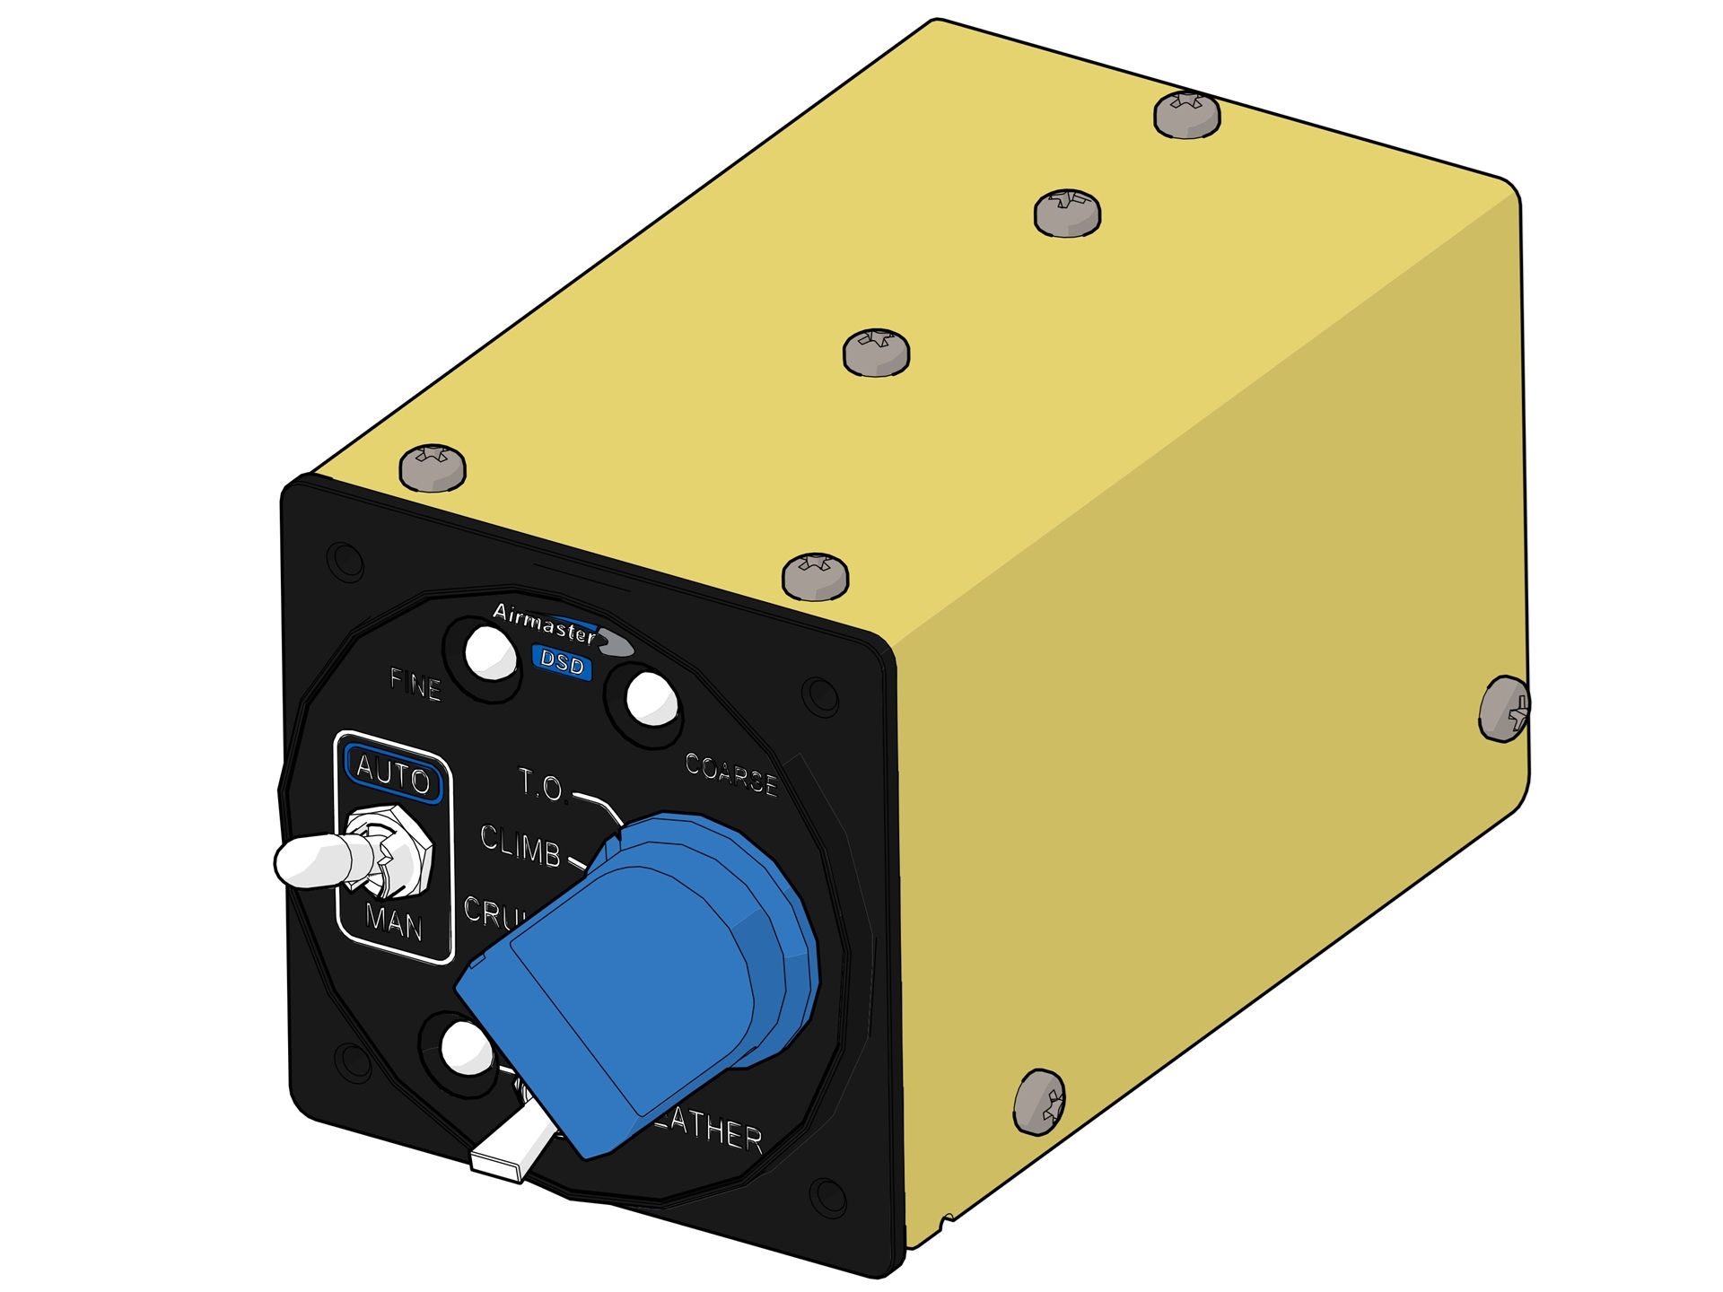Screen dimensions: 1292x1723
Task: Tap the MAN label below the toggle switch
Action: [x=395, y=921]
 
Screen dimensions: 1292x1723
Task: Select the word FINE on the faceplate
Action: [x=415, y=686]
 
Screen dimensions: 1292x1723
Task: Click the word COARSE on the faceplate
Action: [x=731, y=774]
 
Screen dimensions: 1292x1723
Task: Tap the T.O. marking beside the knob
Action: [x=541, y=786]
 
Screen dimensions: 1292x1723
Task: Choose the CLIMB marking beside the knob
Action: [x=520, y=846]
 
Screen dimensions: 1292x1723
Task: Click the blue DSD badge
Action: [x=562, y=664]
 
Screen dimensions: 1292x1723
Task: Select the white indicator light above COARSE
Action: [x=651, y=699]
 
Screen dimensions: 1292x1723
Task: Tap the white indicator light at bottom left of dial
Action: [x=468, y=1047]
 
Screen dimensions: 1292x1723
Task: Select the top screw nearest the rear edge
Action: [x=1186, y=115]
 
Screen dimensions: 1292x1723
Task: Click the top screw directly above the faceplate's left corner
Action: [x=433, y=467]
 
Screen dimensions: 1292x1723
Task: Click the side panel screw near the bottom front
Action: [x=1039, y=1101]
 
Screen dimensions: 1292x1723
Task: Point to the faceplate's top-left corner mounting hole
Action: [x=345, y=561]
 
